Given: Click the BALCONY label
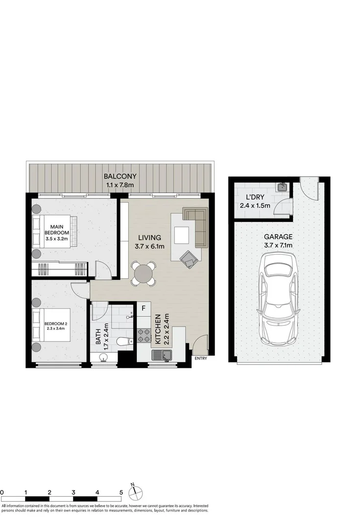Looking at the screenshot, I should (120, 176).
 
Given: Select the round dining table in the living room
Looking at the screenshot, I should (144, 273).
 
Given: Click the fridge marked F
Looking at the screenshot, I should (144, 309).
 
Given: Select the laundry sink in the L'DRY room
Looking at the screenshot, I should (282, 187).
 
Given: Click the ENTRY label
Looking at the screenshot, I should (201, 359).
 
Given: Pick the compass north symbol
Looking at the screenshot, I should (135, 491).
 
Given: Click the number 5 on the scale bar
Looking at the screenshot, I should (120, 492).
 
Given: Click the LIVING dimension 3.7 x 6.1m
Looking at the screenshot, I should (149, 246).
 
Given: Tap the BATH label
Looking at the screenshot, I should (98, 337).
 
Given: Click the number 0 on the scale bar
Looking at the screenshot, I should (2, 492).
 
